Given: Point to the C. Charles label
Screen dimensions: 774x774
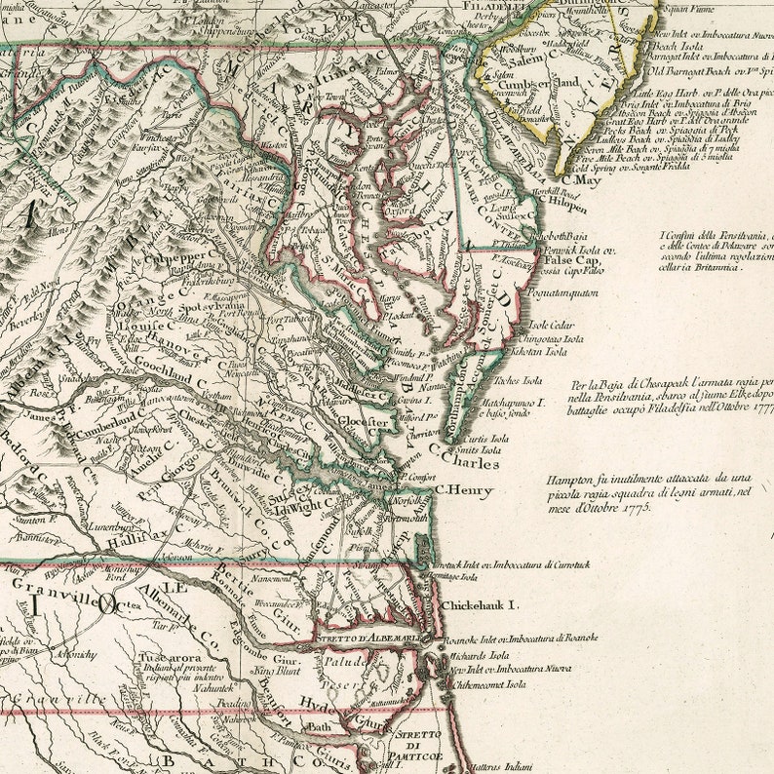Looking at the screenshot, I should click(x=471, y=464).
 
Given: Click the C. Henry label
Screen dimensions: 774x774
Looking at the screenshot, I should click(x=463, y=491).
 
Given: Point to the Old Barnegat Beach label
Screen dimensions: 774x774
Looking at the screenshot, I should click(x=702, y=70).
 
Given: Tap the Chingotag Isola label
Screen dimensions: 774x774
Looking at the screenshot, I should click(x=559, y=338).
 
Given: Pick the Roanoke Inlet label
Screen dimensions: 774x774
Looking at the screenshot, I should click(x=519, y=639).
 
